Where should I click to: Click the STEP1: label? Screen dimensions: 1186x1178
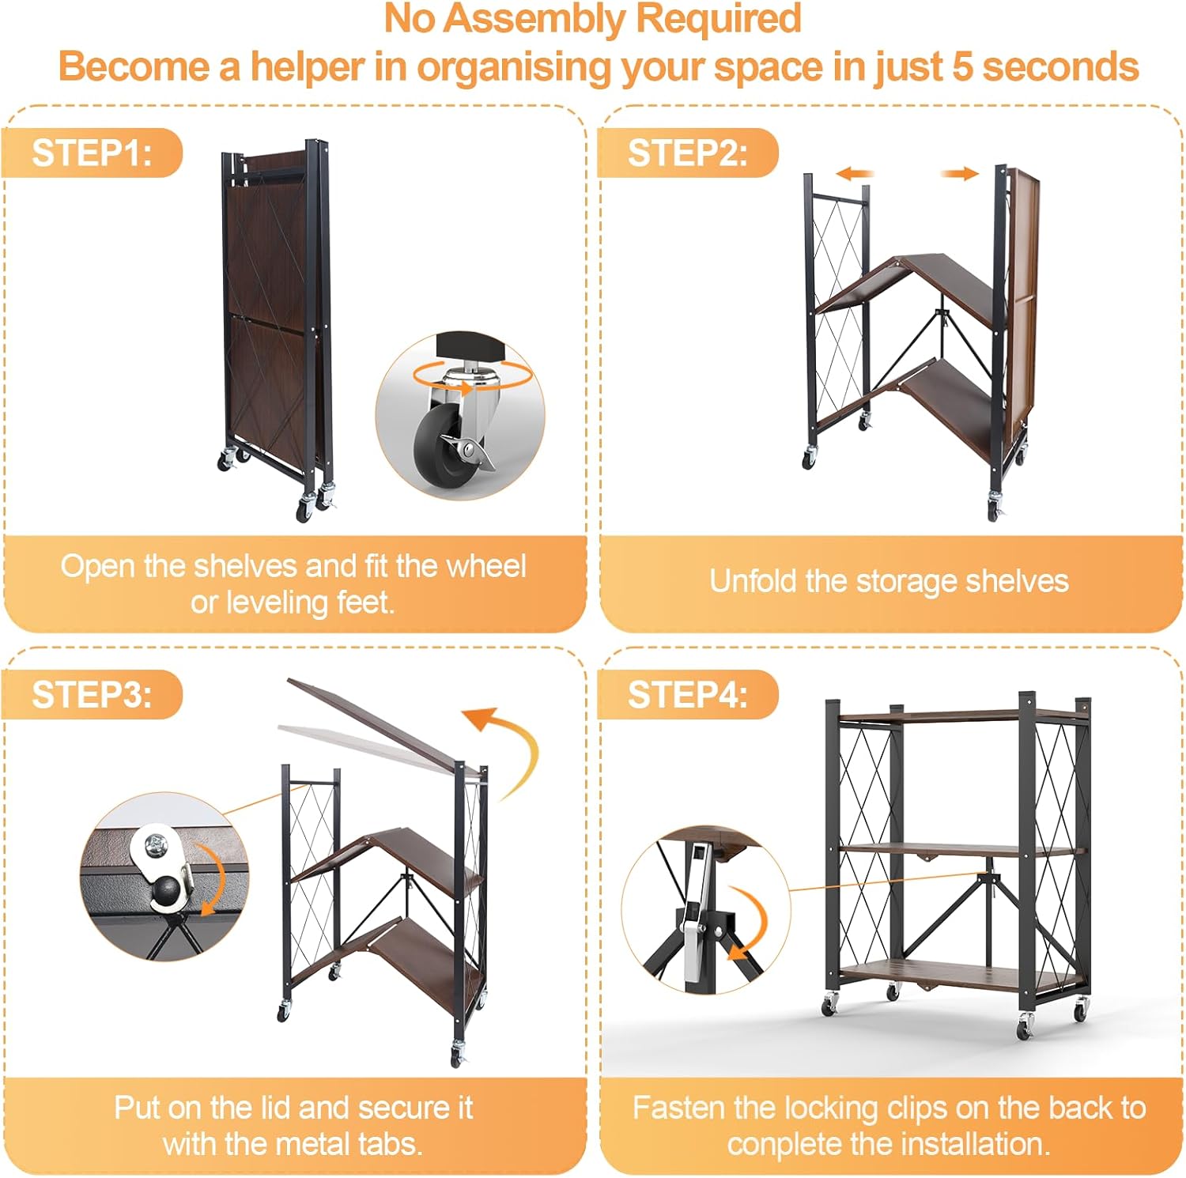click(x=92, y=153)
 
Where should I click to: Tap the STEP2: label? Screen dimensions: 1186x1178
click(x=687, y=153)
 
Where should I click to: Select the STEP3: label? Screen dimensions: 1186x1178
click(x=92, y=695)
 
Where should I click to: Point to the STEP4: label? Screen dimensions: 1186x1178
click(x=687, y=695)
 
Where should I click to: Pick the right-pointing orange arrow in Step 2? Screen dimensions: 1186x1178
click(x=960, y=174)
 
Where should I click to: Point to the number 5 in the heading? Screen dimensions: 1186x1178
click(x=961, y=66)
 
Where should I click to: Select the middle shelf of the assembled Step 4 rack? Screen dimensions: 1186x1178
click(x=961, y=851)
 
